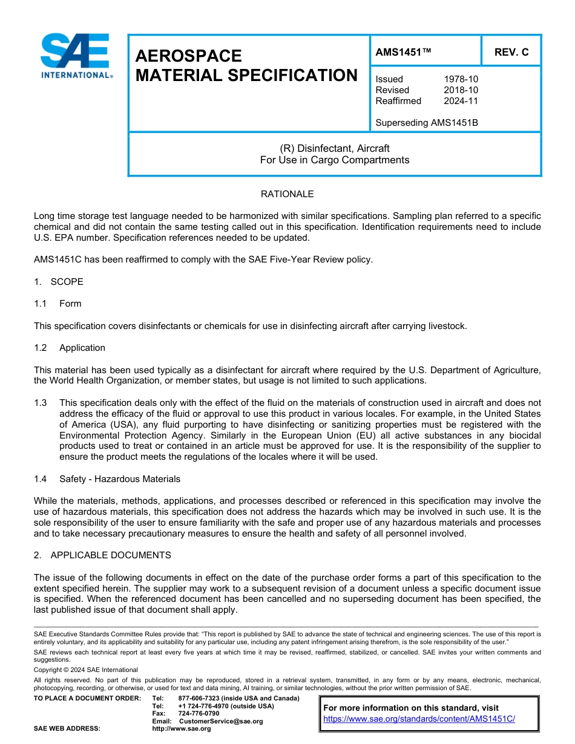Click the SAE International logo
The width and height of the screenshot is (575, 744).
(75, 56)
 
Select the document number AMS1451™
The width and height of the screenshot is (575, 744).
(403, 52)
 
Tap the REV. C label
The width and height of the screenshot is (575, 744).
(511, 52)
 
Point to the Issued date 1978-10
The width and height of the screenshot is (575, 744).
(461, 79)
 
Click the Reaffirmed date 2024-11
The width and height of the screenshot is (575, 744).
(461, 101)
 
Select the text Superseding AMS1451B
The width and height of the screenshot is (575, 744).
(426, 123)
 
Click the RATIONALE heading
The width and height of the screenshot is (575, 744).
(287, 194)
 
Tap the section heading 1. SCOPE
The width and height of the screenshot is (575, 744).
(59, 282)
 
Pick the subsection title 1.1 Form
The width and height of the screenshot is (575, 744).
(58, 304)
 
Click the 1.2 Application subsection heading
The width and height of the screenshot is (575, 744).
(70, 348)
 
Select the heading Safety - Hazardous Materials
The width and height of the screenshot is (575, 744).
(120, 479)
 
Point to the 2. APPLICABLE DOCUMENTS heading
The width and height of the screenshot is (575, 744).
(102, 555)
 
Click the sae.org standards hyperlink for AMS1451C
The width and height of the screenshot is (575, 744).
(419, 719)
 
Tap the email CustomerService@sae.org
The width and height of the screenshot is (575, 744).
(221, 721)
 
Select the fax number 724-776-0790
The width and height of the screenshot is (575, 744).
(199, 714)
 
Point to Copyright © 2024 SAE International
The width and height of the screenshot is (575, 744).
(85, 670)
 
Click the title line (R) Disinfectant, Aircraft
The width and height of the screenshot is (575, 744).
(334, 148)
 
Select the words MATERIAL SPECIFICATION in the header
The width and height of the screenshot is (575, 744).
(246, 76)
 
